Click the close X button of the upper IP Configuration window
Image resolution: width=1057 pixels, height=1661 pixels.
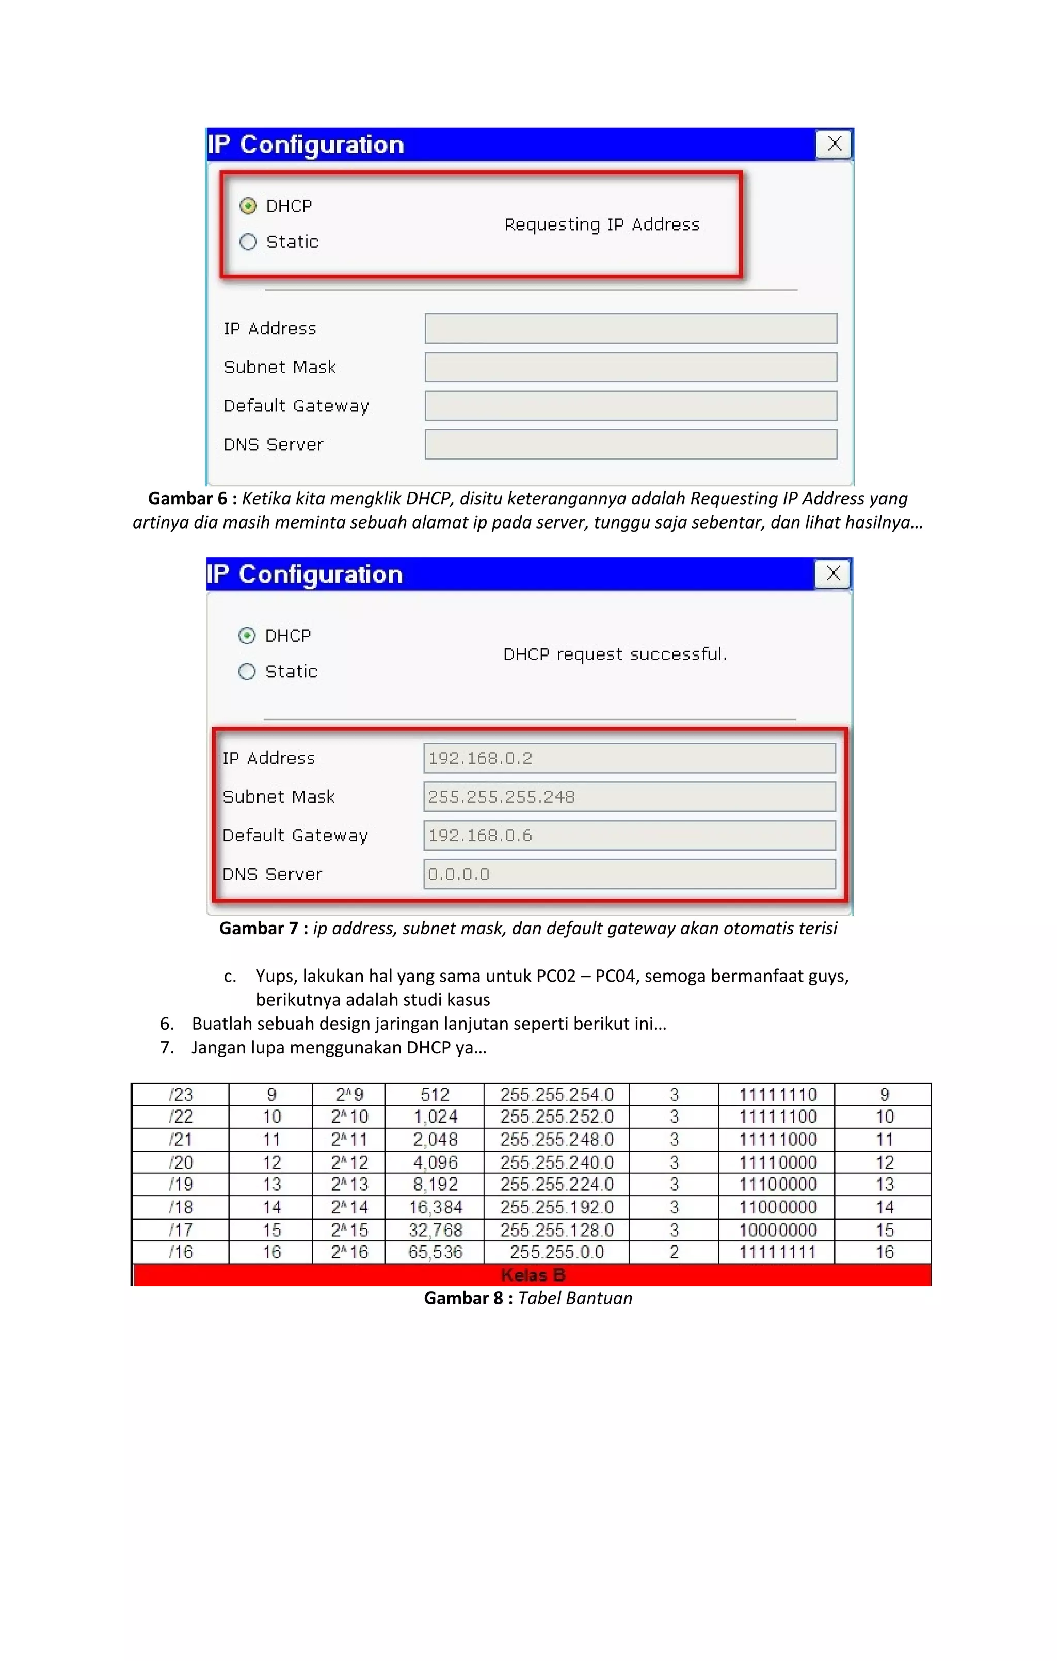click(834, 144)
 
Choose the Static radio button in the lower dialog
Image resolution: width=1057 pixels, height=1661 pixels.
click(247, 672)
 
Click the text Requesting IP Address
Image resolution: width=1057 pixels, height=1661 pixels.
click(602, 225)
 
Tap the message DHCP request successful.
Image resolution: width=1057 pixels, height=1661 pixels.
click(615, 654)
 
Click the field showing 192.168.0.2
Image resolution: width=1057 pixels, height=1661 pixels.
click(629, 758)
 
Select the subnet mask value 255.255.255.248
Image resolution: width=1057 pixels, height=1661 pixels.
click(629, 797)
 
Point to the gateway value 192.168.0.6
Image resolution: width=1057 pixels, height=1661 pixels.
click(629, 835)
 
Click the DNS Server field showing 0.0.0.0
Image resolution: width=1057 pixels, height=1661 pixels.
click(629, 874)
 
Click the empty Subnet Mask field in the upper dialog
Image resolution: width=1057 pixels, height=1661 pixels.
click(631, 367)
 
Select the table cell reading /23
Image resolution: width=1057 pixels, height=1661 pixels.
click(181, 1095)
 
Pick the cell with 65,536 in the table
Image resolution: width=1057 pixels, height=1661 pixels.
click(435, 1252)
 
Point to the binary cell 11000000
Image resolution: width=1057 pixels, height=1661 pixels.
click(778, 1207)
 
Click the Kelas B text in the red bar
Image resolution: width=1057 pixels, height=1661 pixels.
click(532, 1275)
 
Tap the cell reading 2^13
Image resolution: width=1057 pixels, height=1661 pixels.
click(349, 1185)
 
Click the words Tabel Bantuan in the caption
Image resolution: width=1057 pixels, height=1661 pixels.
click(575, 1298)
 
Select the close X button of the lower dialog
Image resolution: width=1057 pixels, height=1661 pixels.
click(833, 574)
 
